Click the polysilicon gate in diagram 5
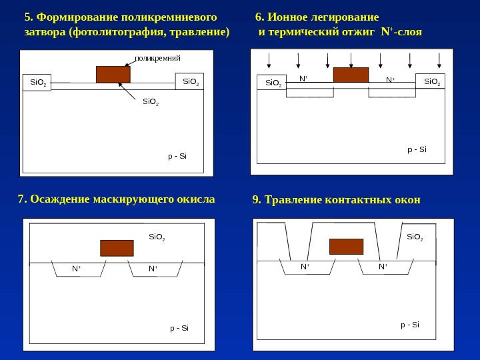(x=113, y=74)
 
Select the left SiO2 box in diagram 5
(x=37, y=83)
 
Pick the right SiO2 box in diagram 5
(x=191, y=82)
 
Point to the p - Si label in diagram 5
(x=177, y=156)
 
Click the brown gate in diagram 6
(x=351, y=75)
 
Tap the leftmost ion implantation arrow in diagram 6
(x=269, y=61)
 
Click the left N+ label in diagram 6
(x=303, y=79)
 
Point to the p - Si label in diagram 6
(x=417, y=149)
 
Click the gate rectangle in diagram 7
(x=117, y=248)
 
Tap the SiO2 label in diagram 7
(x=157, y=237)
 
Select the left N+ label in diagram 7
(x=77, y=269)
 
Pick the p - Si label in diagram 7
(x=179, y=328)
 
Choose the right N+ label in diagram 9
(x=383, y=267)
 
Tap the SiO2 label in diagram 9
(x=415, y=237)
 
